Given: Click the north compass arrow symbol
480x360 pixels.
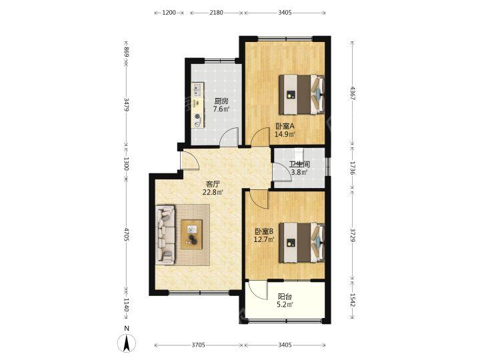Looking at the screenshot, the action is coord(127,343).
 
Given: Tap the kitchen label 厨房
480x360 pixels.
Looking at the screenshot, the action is coord(221,101).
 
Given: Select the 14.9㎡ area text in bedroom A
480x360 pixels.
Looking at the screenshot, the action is coord(285,134).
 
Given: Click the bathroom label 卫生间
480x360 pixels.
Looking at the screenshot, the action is coord(299,165).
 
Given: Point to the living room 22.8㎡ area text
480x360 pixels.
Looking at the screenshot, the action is coord(213,192).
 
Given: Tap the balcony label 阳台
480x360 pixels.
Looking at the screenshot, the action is coord(285,297).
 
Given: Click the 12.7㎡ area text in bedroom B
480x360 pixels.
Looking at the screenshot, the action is coord(264,239).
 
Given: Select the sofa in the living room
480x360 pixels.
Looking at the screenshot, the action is coord(165,235).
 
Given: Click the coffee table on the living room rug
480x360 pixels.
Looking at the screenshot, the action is coord(191,235).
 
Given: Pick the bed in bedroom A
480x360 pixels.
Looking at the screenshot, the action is coord(301,95).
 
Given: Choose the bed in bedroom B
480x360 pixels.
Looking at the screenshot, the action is coord(301,243).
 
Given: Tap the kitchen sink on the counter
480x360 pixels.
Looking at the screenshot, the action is coord(197,89).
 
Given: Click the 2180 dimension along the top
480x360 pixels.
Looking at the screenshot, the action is coord(217,13).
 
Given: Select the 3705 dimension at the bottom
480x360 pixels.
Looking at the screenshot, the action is coord(199,345).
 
